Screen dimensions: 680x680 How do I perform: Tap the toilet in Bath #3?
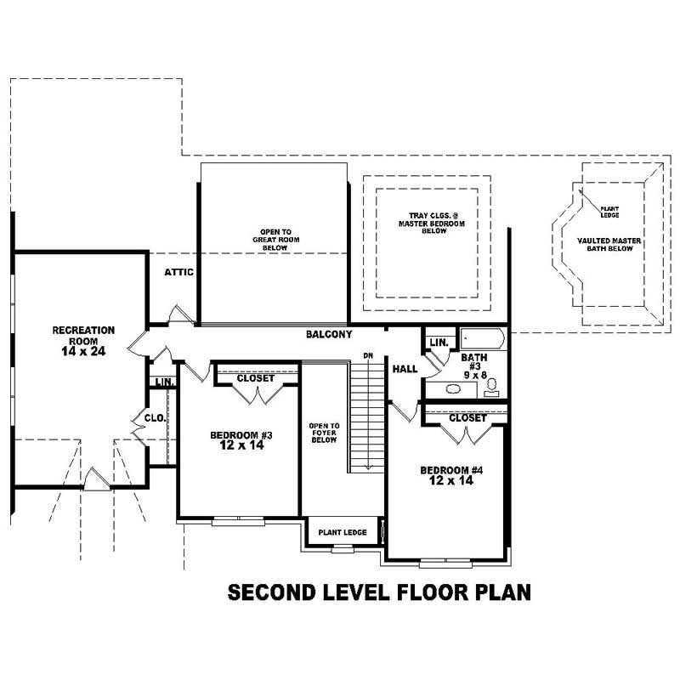(x=491, y=388)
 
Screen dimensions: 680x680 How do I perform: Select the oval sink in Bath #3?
(x=453, y=389)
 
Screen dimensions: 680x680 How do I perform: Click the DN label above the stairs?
(x=368, y=354)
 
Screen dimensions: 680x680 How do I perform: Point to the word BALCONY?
(x=329, y=335)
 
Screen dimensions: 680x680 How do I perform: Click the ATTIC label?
(x=179, y=273)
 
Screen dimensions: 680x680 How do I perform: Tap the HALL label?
(x=405, y=369)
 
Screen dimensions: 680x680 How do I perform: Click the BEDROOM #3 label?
(x=241, y=436)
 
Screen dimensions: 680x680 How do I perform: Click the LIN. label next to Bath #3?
(x=439, y=343)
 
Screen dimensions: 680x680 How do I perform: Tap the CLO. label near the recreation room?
(x=154, y=418)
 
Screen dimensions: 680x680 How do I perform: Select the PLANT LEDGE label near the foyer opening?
(x=343, y=533)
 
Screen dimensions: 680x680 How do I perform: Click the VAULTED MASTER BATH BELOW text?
(x=609, y=245)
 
